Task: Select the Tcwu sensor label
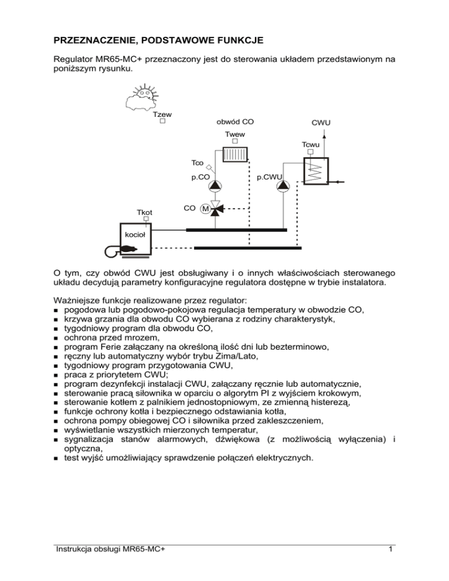tap(310, 144)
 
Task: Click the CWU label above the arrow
tap(322, 123)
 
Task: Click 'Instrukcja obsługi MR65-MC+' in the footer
tap(109, 565)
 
